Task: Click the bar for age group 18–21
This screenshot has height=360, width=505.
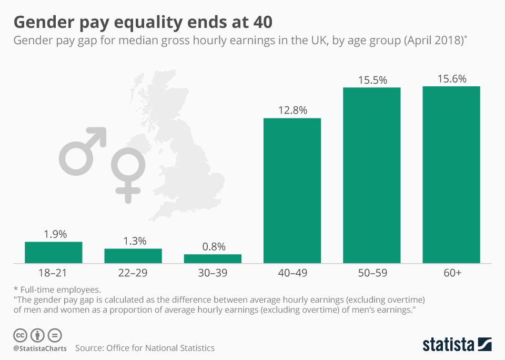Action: [x=54, y=252]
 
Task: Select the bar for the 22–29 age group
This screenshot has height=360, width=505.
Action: [x=133, y=255]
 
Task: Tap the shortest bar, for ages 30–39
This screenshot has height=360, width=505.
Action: [x=213, y=258]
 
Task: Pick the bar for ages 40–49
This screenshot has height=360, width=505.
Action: [x=292, y=190]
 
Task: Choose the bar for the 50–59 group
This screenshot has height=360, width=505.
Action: [x=372, y=175]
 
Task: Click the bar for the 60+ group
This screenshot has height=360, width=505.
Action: [x=451, y=174]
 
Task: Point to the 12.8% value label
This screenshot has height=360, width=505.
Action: [x=292, y=111]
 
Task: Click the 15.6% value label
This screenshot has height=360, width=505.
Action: [x=451, y=79]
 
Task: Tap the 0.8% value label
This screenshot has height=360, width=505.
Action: [x=213, y=247]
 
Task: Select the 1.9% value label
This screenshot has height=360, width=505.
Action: [x=54, y=235]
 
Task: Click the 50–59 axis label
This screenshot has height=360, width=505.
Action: [x=372, y=273]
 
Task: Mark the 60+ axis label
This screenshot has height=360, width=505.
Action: [x=451, y=273]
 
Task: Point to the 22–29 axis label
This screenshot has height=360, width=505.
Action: [x=133, y=273]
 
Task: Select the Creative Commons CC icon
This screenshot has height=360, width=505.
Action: [x=21, y=335]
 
